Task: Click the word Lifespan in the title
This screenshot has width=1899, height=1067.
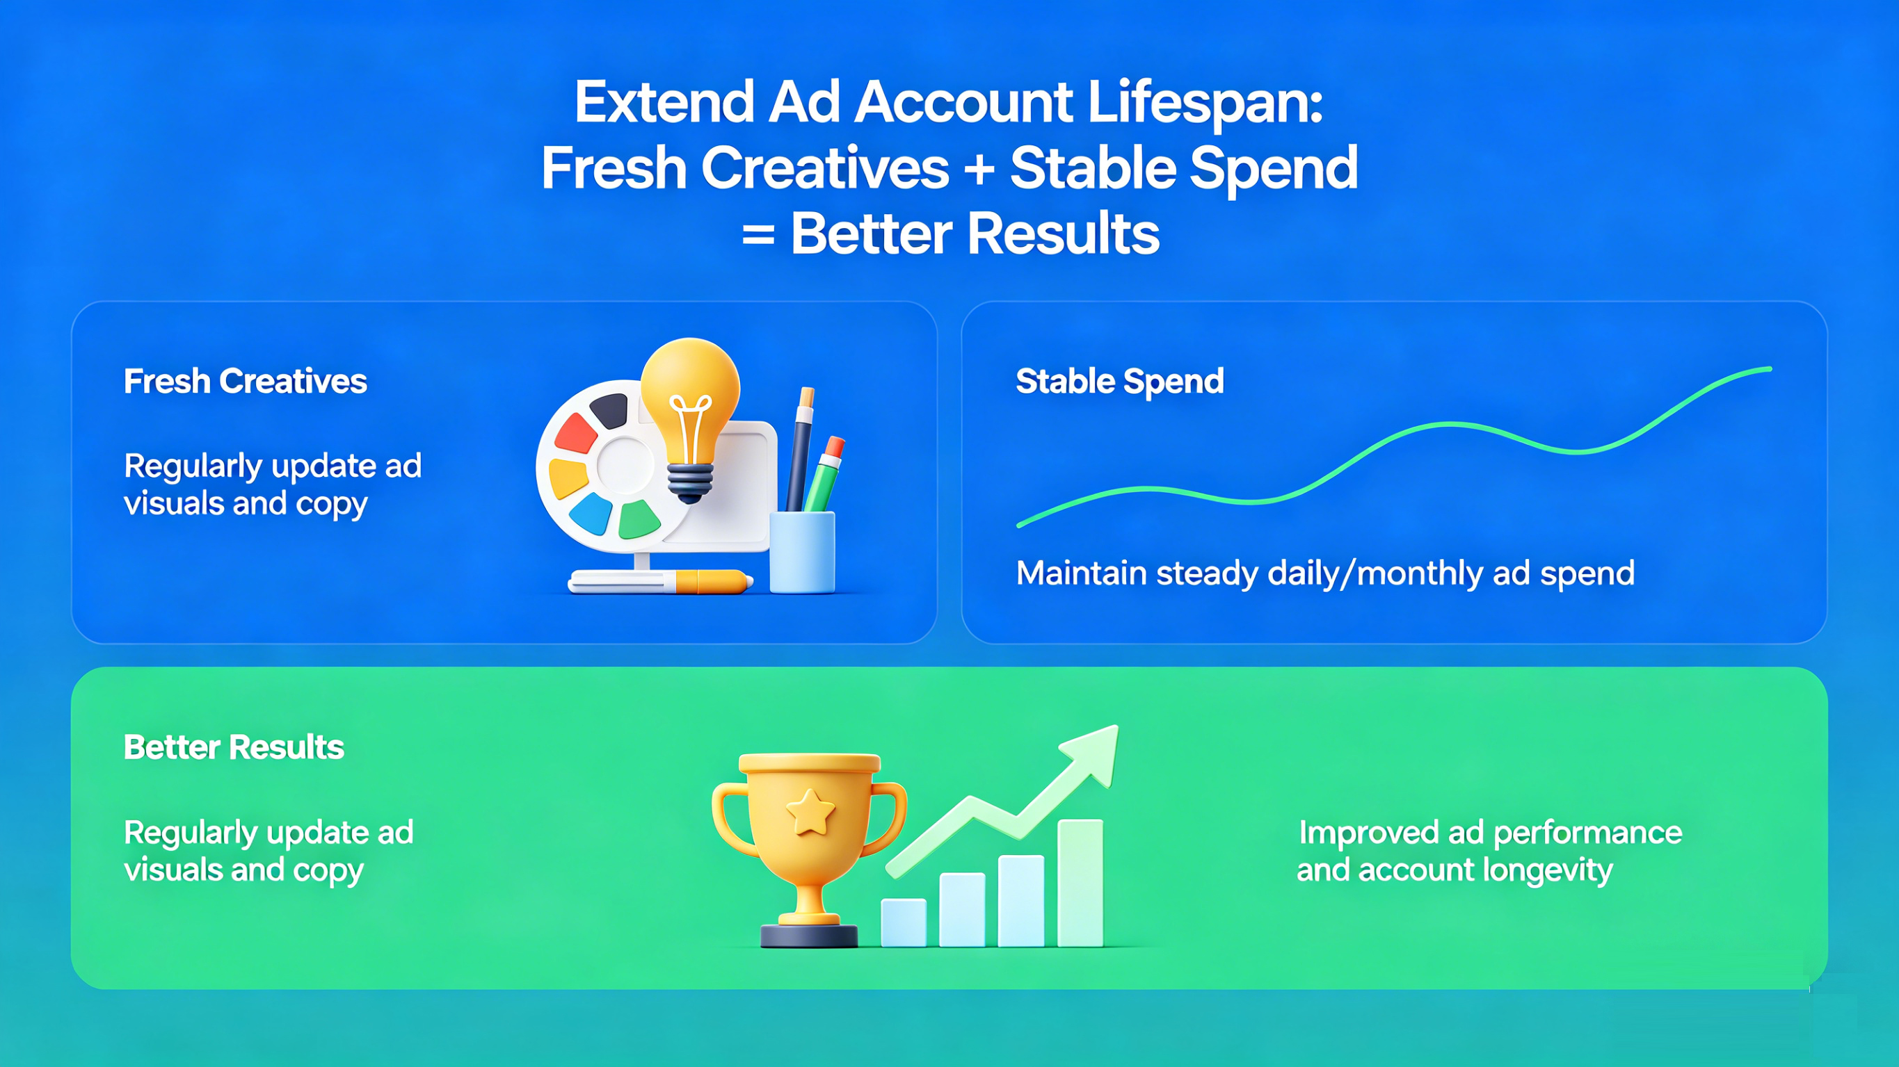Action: click(x=1205, y=103)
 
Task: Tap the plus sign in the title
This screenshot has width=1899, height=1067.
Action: click(x=979, y=169)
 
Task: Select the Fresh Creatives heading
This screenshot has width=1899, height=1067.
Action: click(x=246, y=381)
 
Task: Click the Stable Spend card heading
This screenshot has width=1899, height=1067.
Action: click(x=1120, y=381)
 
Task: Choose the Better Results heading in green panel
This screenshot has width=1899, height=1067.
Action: click(x=234, y=747)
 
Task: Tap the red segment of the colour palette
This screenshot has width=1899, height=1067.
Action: click(x=575, y=432)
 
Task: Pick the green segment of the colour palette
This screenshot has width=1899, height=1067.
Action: click(x=639, y=519)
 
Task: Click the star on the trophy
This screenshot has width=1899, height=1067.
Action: click(x=810, y=811)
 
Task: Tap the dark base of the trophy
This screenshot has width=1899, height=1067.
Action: click(x=809, y=936)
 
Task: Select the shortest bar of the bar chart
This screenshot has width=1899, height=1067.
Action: click(x=904, y=922)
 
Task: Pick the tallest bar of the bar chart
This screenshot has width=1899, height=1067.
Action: click(x=1080, y=883)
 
